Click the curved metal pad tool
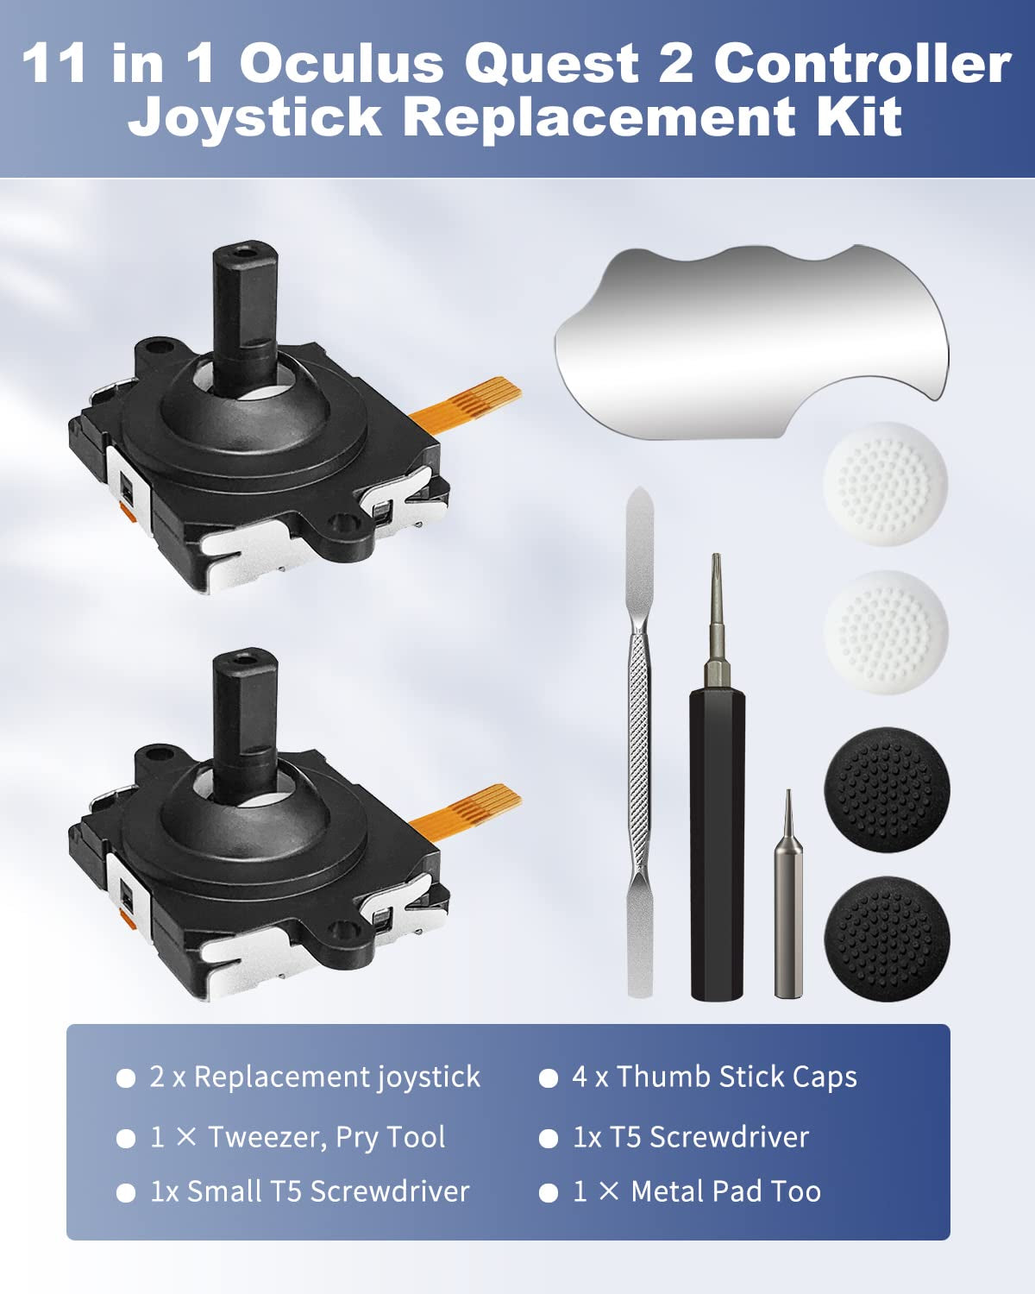(x=752, y=340)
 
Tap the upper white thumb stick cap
(x=885, y=484)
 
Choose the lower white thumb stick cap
(x=886, y=632)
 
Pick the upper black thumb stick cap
(x=887, y=789)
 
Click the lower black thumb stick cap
(x=887, y=939)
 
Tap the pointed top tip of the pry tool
(x=640, y=487)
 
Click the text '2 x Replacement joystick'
(x=315, y=1077)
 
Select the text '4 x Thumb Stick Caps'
(x=714, y=1077)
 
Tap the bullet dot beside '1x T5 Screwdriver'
(x=548, y=1138)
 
